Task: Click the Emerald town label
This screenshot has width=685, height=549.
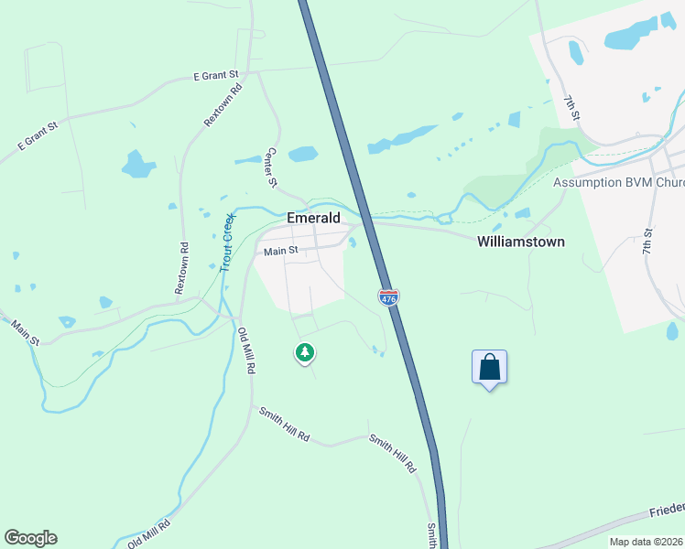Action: click(x=313, y=219)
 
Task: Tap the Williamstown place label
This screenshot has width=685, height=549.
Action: click(x=520, y=242)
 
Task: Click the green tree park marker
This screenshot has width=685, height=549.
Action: click(x=305, y=352)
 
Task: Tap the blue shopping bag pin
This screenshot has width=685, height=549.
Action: click(x=490, y=367)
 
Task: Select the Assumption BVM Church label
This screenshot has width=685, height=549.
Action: click(x=618, y=183)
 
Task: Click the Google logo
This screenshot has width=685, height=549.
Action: click(x=30, y=538)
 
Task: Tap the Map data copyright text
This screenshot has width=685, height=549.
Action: click(x=646, y=542)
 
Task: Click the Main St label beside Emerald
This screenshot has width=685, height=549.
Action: click(x=281, y=251)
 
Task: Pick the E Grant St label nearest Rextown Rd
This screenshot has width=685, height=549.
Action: click(x=216, y=74)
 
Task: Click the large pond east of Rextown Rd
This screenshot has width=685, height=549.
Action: click(x=138, y=165)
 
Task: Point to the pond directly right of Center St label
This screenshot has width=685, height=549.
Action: click(x=302, y=154)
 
